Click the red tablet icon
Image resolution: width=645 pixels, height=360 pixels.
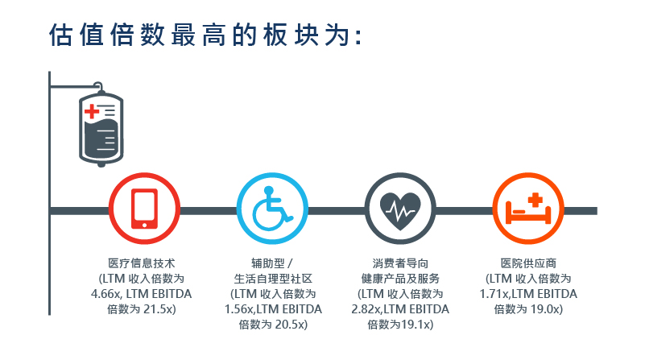click(x=144, y=209)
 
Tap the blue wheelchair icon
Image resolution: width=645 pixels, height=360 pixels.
click(x=271, y=209)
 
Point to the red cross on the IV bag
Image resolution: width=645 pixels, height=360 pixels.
click(x=91, y=111)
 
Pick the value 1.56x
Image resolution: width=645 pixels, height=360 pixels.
click(x=238, y=309)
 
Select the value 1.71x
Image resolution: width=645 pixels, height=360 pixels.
click(x=494, y=294)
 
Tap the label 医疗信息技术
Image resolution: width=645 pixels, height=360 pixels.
click(x=142, y=263)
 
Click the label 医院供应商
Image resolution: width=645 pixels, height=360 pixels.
click(x=528, y=263)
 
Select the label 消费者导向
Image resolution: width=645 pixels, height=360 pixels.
click(x=400, y=263)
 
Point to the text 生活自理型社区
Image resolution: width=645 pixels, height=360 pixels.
click(x=273, y=279)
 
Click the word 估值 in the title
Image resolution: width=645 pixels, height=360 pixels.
click(x=76, y=35)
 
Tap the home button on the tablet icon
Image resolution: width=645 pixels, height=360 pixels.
click(x=144, y=225)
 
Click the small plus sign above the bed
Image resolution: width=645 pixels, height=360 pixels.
click(x=535, y=200)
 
